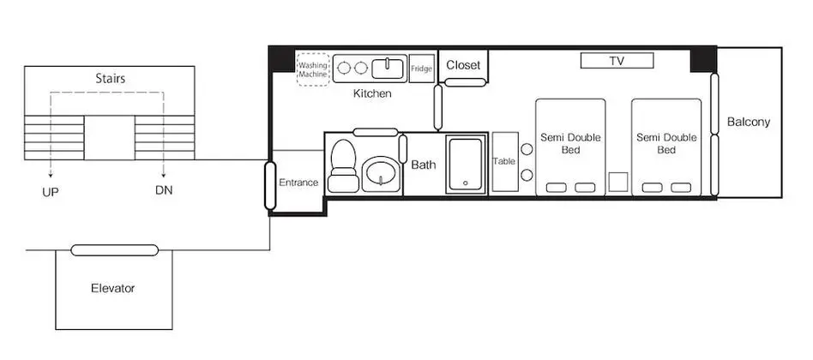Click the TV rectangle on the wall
(x=617, y=61)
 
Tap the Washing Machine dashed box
(x=313, y=69)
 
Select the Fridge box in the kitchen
(x=422, y=69)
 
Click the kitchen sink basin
(x=389, y=69)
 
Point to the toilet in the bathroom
(x=343, y=165)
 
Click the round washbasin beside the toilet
(x=381, y=174)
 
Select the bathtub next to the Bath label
(x=467, y=165)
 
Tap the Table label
(x=504, y=161)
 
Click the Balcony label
(x=748, y=123)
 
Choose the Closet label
(x=464, y=65)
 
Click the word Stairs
(x=111, y=79)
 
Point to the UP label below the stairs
(x=51, y=192)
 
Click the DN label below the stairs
(x=164, y=190)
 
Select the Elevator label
(x=113, y=289)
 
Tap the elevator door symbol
(x=115, y=250)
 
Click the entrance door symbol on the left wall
(x=270, y=185)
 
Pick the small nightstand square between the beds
(x=618, y=183)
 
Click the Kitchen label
(x=372, y=93)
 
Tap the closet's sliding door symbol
(x=466, y=82)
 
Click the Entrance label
(x=298, y=183)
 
